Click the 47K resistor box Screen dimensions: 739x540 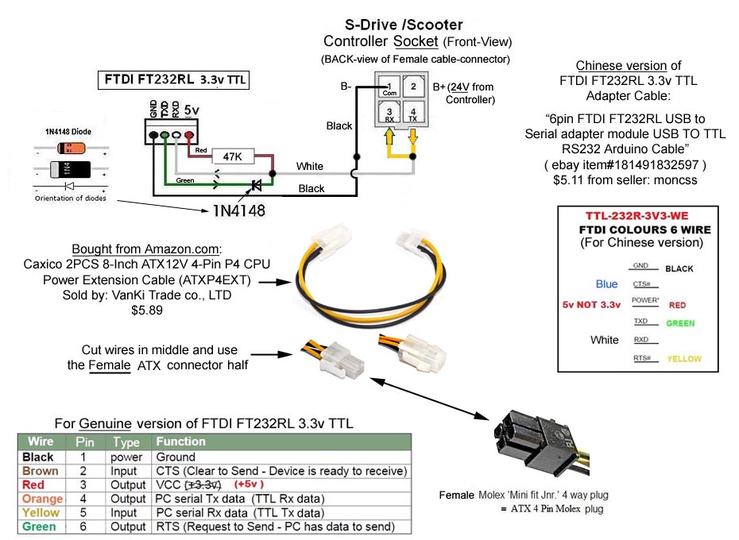point(232,156)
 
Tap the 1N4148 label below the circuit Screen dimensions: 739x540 point(239,210)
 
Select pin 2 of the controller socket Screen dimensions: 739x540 point(413,87)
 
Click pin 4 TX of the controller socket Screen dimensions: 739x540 point(413,114)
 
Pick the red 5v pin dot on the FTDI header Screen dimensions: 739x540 point(189,135)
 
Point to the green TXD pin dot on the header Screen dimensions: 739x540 point(164,135)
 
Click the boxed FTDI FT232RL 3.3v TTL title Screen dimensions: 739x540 point(173,79)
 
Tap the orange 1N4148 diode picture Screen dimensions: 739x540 point(72,148)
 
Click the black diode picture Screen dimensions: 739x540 point(70,168)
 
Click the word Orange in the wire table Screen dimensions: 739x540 point(42,499)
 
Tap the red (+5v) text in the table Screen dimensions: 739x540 point(249,484)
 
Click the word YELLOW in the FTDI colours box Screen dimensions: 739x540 point(684,359)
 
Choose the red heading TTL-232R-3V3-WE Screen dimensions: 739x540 point(636,216)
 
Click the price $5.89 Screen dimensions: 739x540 point(147,310)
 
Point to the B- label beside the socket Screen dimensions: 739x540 point(346,87)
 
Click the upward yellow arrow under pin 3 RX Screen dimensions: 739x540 point(389,136)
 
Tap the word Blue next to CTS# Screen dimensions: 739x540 point(606,284)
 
